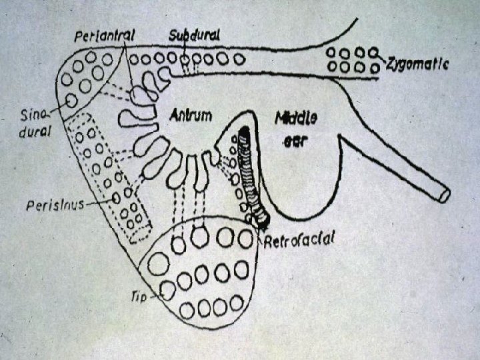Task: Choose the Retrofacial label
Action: [299, 240]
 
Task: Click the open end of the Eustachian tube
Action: [443, 195]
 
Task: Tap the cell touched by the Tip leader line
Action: [168, 291]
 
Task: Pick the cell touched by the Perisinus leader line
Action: [117, 197]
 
